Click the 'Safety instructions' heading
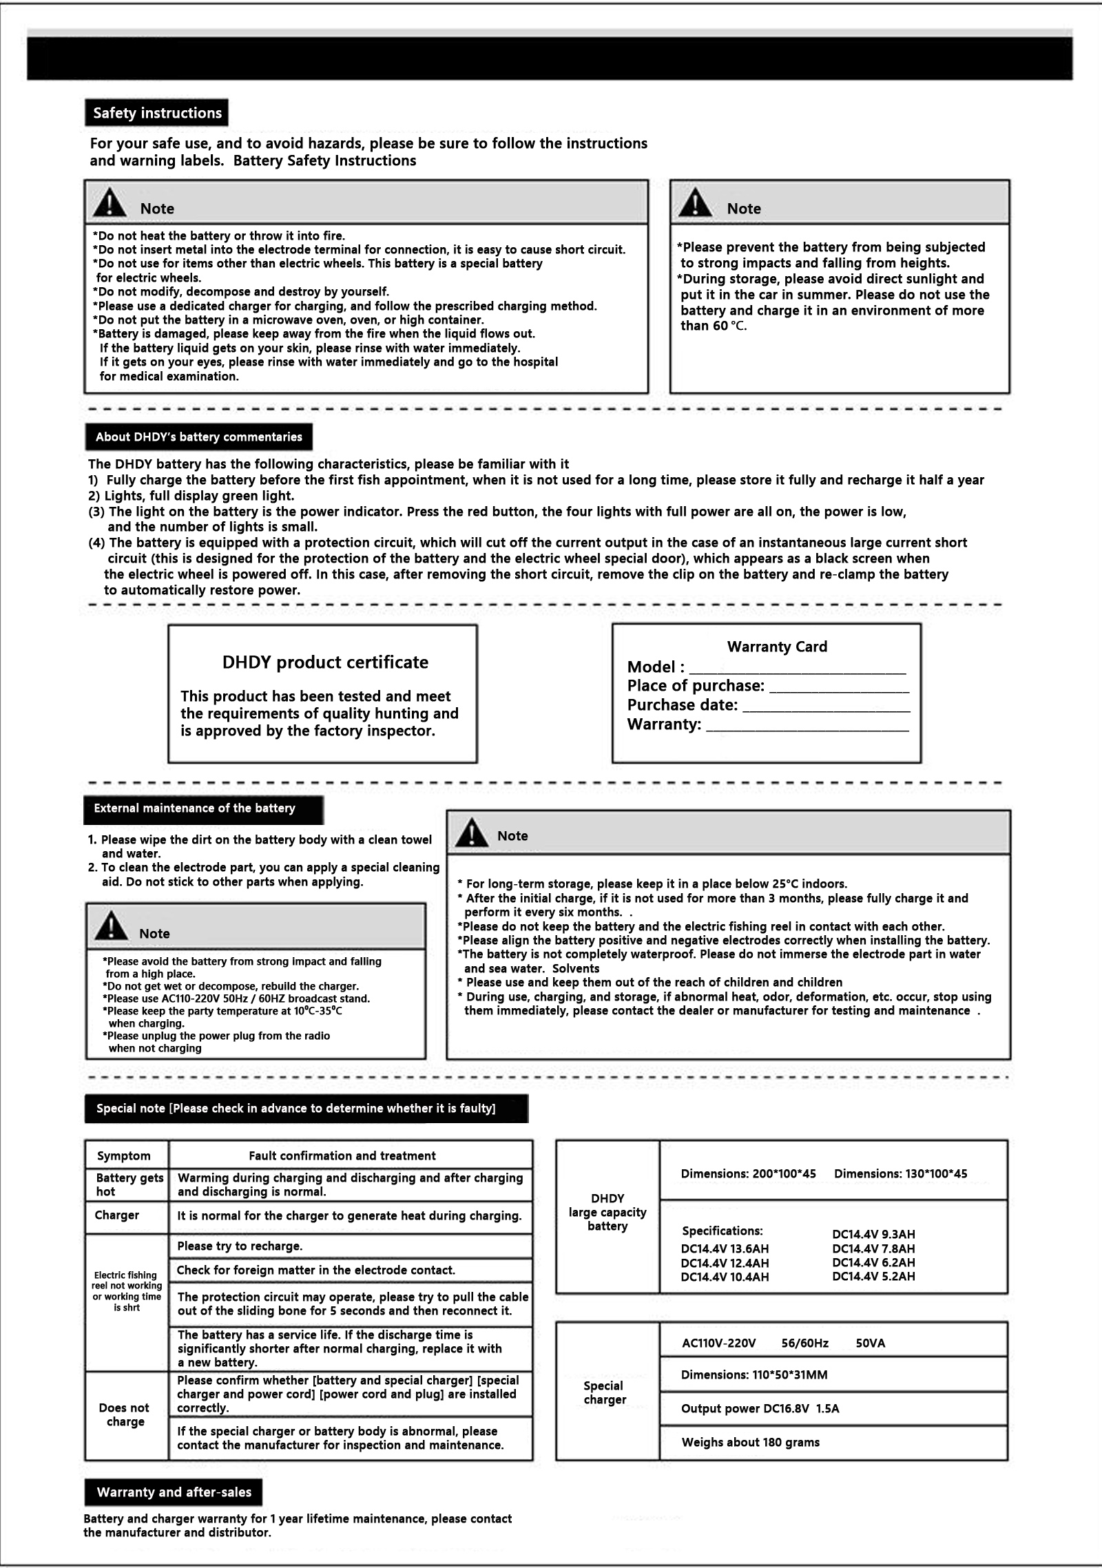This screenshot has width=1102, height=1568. tap(157, 113)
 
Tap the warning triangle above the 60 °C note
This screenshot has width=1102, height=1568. tap(696, 202)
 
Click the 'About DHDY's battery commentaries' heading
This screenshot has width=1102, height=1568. tap(198, 437)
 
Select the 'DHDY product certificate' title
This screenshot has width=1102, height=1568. tap(325, 662)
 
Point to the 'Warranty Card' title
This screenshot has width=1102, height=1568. tap(777, 647)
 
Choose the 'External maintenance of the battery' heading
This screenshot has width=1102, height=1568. tap(195, 808)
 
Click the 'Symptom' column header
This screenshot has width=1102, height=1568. tap(124, 1156)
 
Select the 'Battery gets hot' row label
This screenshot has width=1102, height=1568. tap(129, 1184)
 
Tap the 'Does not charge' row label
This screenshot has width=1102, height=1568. tap(125, 1414)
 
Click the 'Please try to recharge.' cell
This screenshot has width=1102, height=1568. tap(240, 1246)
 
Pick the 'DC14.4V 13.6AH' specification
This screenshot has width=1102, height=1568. tap(725, 1248)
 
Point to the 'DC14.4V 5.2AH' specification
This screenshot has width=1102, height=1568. tap(873, 1276)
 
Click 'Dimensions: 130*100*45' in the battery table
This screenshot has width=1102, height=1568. tap(900, 1173)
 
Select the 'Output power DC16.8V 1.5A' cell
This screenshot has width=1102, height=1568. tap(760, 1408)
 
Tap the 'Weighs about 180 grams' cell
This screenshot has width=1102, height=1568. tap(751, 1442)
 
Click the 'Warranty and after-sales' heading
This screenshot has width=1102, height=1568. tap(174, 1492)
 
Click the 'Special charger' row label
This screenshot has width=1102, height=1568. tap(604, 1392)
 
